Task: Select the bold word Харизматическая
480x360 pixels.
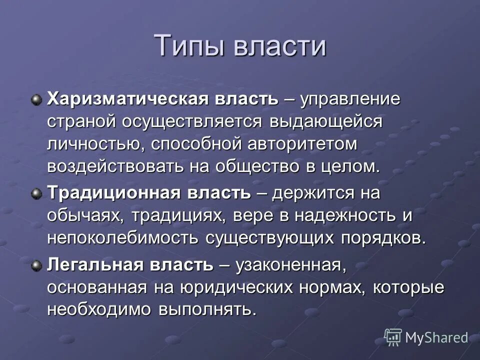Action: (120, 98)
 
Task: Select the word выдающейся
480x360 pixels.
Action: (326, 121)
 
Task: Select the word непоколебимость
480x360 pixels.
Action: (122, 238)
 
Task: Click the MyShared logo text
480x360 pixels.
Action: (436, 337)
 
